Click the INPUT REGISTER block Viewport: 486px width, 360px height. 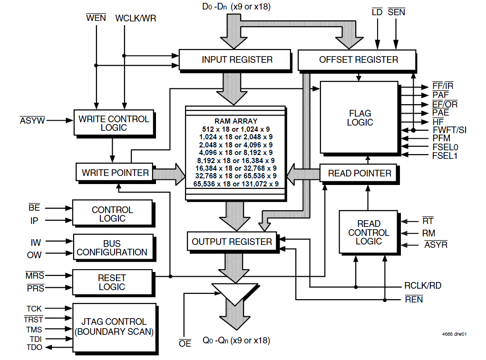[x=234, y=59]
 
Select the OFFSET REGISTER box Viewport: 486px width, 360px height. [x=358, y=59]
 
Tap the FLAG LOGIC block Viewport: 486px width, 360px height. [x=360, y=117]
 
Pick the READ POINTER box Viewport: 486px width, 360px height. [x=360, y=173]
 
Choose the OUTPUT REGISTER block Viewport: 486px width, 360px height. [x=232, y=242]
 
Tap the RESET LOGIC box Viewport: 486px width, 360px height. [x=112, y=282]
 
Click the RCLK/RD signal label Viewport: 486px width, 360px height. [x=422, y=286]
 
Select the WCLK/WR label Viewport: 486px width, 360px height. [x=136, y=19]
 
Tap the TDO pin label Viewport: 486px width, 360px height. [x=34, y=347]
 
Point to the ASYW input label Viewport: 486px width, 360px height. [x=32, y=121]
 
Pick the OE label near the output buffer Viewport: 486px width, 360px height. [x=185, y=343]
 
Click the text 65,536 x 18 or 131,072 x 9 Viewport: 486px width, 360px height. [x=235, y=183]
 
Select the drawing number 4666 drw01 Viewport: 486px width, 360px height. [x=454, y=334]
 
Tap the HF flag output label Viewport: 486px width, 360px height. [x=437, y=122]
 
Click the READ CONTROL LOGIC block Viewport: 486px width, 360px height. [x=369, y=232]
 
